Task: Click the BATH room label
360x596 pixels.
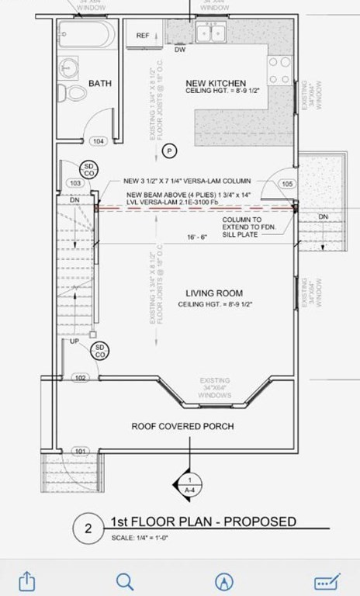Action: click(x=101, y=83)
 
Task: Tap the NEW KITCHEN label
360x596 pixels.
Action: click(x=216, y=83)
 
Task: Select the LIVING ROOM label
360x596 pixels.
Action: click(x=216, y=293)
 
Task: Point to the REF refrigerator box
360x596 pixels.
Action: click(x=143, y=36)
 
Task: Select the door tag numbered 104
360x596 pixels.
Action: click(x=99, y=141)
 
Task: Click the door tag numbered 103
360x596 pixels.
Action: click(x=74, y=183)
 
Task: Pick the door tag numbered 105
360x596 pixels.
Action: click(x=287, y=184)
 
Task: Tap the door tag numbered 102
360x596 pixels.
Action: click(x=79, y=378)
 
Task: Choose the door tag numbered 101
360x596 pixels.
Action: click(x=79, y=450)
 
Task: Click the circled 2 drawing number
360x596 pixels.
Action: click(x=88, y=529)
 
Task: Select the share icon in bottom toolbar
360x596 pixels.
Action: click(x=28, y=580)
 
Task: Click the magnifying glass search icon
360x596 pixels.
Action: click(x=124, y=580)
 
